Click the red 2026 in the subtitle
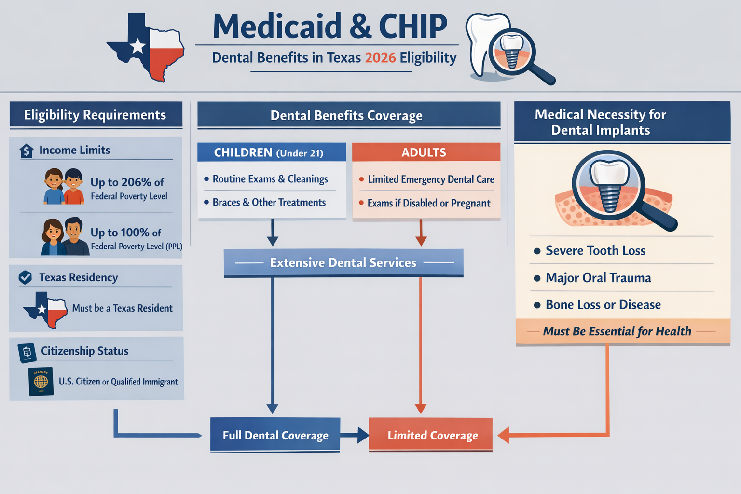(x=380, y=58)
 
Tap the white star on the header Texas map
(x=138, y=46)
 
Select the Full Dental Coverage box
(x=275, y=435)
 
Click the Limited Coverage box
(x=431, y=435)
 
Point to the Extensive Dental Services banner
(x=343, y=262)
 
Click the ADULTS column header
(x=424, y=152)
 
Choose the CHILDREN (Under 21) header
(x=269, y=153)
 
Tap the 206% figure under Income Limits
(x=136, y=182)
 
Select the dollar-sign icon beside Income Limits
(x=27, y=151)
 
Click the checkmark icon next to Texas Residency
(x=25, y=277)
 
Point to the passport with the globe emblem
(x=41, y=382)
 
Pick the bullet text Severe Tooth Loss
(x=595, y=251)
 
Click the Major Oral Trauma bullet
(x=598, y=278)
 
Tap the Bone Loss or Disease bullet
(x=603, y=305)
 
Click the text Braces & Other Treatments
(x=269, y=203)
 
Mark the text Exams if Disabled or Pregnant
(x=428, y=203)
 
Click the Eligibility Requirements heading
(x=95, y=115)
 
